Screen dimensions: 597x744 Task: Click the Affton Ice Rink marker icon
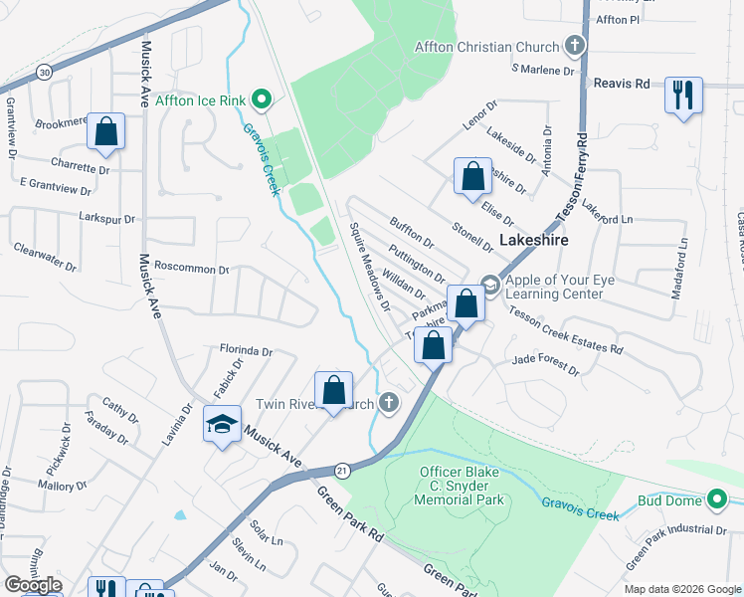pos(262,98)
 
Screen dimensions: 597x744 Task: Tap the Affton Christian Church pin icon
pos(575,46)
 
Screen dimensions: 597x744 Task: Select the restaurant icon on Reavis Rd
pos(682,95)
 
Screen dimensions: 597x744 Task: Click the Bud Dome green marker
pos(719,497)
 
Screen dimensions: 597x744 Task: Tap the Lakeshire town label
pos(536,240)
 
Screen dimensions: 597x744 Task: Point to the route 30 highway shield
pos(44,73)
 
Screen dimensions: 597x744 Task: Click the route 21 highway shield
pos(343,469)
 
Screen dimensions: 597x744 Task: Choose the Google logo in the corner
pos(33,586)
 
